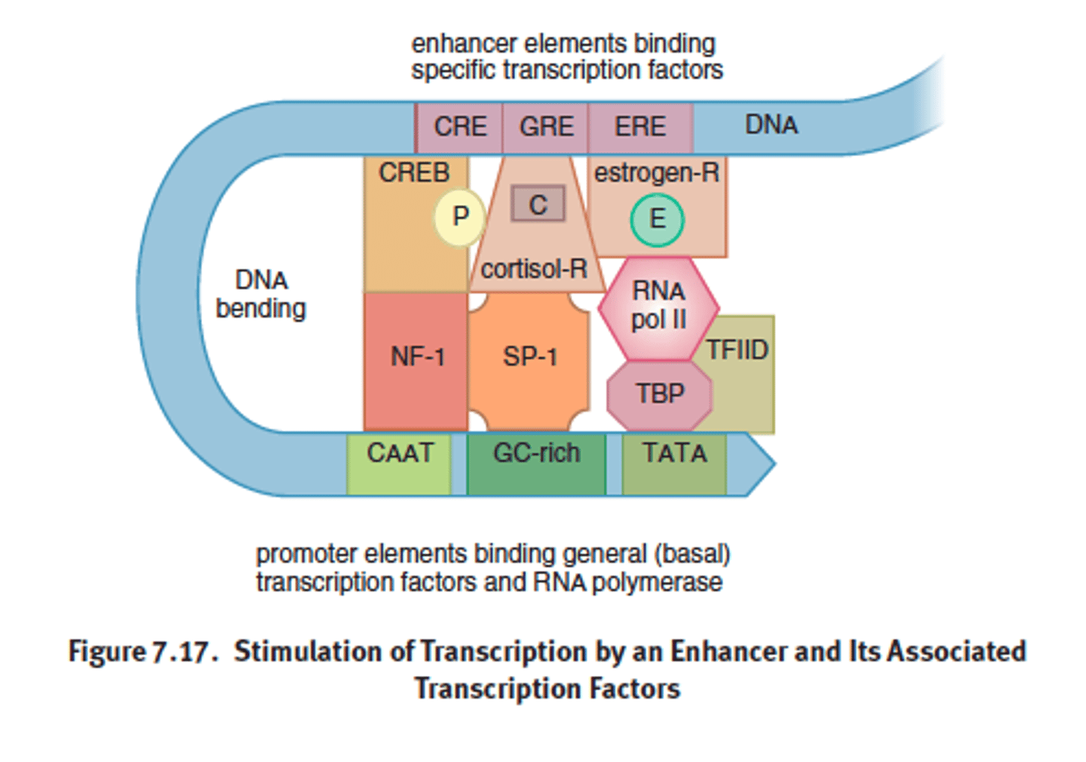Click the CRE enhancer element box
[x=459, y=127]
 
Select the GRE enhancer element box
[x=545, y=127]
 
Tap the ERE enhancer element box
[x=640, y=127]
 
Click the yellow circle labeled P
[x=459, y=217]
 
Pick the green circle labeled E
[x=657, y=220]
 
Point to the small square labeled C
[x=538, y=204]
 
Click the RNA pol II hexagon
[x=658, y=306]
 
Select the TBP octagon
[x=659, y=395]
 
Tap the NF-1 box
[x=416, y=358]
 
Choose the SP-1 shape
[x=529, y=358]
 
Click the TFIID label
[x=737, y=350]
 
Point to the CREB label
[x=414, y=173]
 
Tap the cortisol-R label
[x=534, y=269]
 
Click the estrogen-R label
[x=656, y=173]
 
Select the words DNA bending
[x=261, y=294]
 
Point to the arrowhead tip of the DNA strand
[x=772, y=462]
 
